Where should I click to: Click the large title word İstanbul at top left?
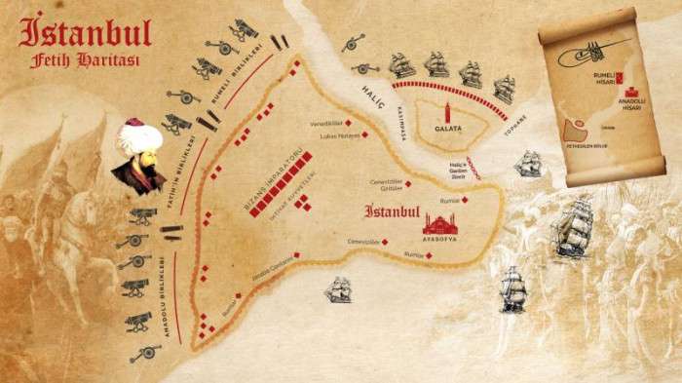pyautogui.click(x=86, y=32)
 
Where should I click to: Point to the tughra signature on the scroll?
pyautogui.click(x=581, y=54)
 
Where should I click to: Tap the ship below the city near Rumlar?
pyautogui.click(x=338, y=288)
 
